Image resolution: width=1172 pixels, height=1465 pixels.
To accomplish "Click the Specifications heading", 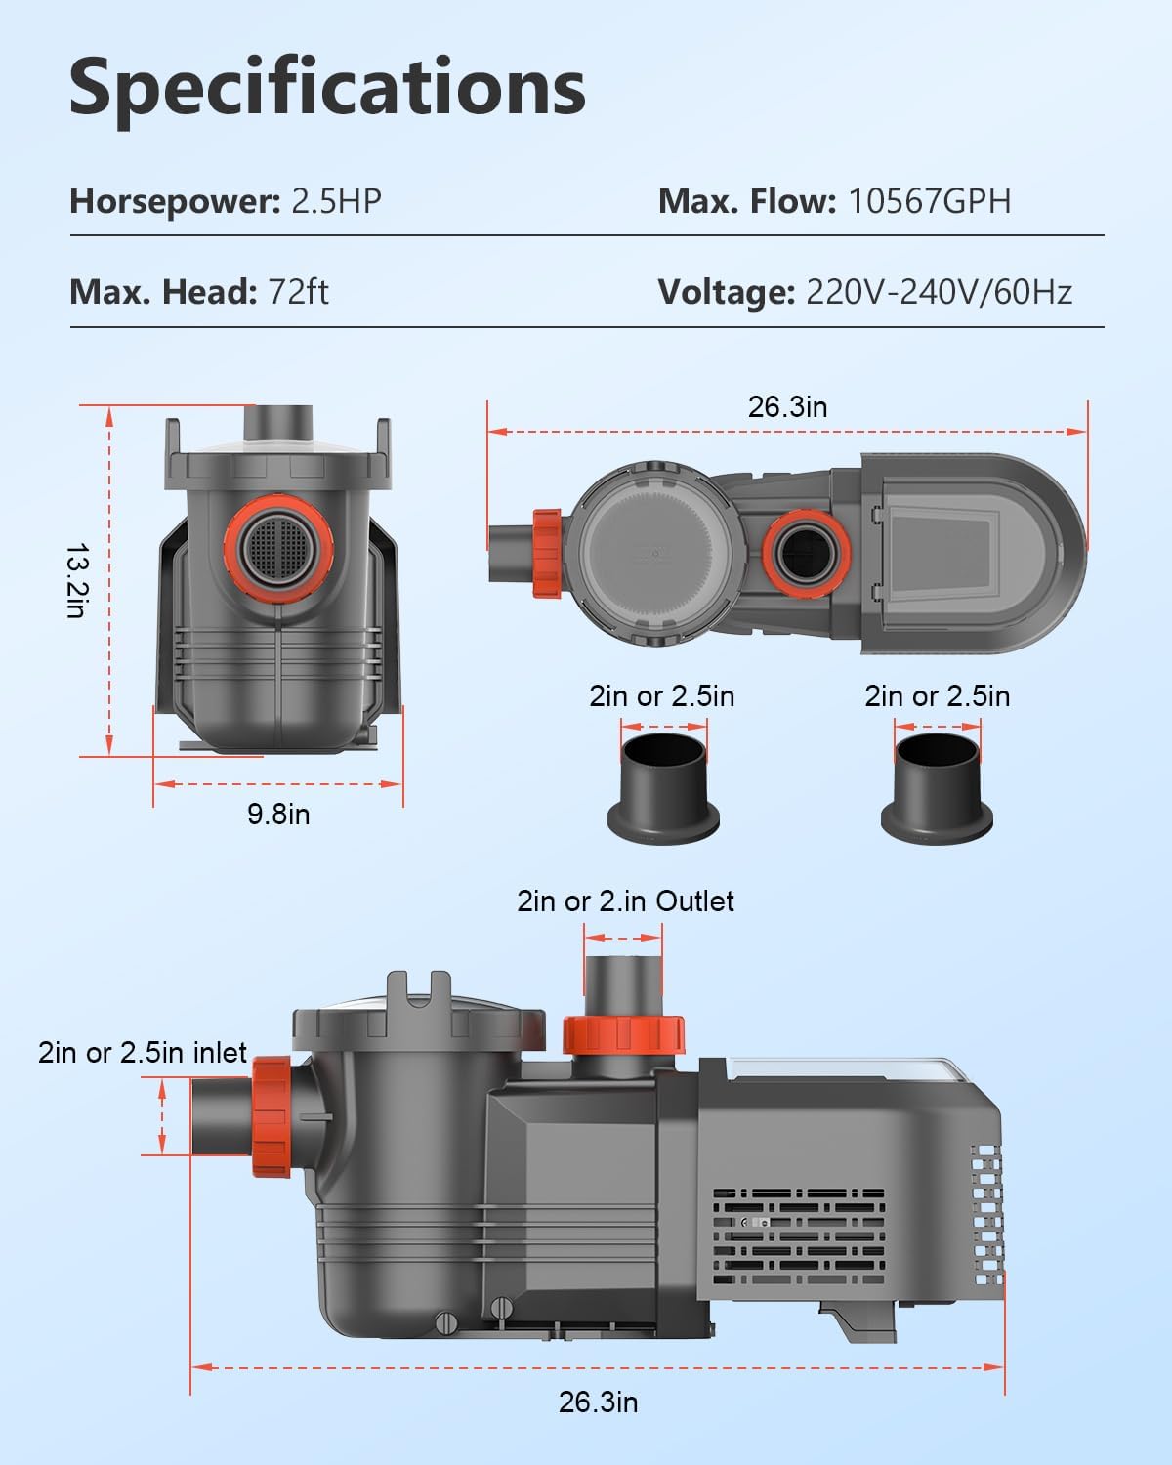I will pyautogui.click(x=327, y=88).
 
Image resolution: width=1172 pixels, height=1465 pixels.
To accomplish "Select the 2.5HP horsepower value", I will pyautogui.click(x=336, y=201).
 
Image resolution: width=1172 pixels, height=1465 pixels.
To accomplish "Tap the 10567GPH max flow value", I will pyautogui.click(x=929, y=201).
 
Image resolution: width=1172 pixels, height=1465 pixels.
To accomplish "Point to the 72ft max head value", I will pyautogui.click(x=298, y=291).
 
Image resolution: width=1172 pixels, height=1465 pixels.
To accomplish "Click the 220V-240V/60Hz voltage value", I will pyautogui.click(x=939, y=291).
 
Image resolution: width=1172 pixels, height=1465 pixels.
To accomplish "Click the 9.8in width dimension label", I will pyautogui.click(x=278, y=814).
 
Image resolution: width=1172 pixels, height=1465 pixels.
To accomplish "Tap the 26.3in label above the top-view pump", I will pyautogui.click(x=787, y=406).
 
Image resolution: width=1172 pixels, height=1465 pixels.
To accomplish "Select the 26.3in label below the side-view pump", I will pyautogui.click(x=598, y=1402).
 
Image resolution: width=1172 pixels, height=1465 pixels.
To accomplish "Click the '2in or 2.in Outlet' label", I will pyautogui.click(x=625, y=900).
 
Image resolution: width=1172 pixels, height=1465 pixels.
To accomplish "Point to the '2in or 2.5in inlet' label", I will pyautogui.click(x=143, y=1052).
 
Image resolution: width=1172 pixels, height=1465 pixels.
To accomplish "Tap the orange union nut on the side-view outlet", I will pyautogui.click(x=623, y=1034).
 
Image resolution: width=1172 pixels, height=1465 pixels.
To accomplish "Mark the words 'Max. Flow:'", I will pyautogui.click(x=747, y=201).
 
